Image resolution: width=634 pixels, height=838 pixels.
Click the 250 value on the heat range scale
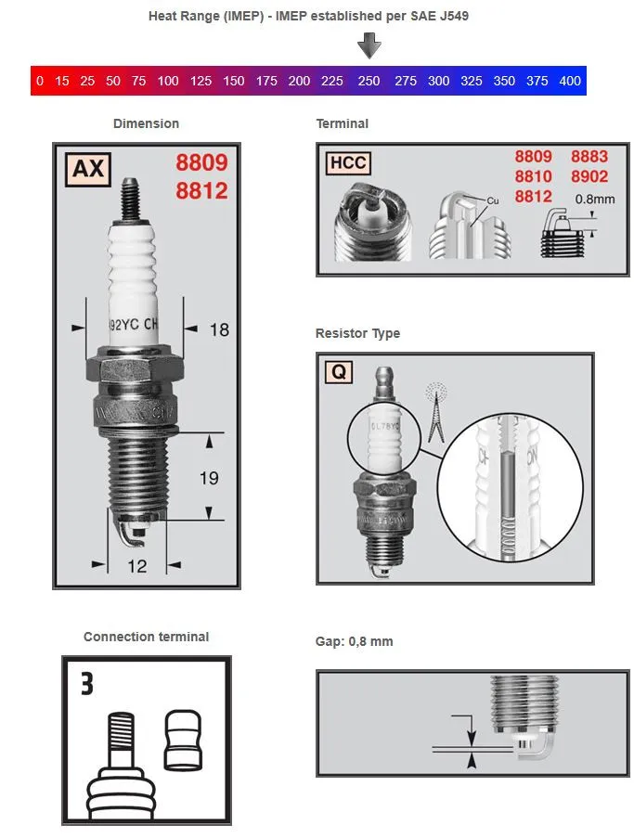(369, 81)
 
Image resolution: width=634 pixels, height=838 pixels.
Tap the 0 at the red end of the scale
(39, 81)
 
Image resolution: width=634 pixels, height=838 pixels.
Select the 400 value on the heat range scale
(570, 81)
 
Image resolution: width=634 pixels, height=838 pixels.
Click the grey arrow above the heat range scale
(369, 45)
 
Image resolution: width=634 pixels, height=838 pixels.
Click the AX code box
(86, 169)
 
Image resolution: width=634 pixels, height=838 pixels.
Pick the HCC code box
(348, 164)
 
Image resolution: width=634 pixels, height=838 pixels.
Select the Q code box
(339, 372)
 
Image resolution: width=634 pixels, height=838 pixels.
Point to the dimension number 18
(219, 329)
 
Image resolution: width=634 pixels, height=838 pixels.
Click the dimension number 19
(210, 478)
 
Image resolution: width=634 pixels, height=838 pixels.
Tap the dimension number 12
(136, 565)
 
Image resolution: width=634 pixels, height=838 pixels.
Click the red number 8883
(589, 157)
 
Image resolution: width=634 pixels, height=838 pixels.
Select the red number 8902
(589, 176)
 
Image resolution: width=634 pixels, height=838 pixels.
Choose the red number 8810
(534, 176)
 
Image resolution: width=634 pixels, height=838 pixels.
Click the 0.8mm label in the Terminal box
(594, 199)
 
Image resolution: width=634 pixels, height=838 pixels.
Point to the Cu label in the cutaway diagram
(493, 200)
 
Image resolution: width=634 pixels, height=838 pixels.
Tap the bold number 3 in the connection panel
(86, 685)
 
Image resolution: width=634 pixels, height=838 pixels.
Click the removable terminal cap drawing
(182, 741)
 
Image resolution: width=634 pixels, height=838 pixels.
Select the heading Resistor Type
(357, 333)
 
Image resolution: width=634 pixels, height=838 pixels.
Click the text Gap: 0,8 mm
(354, 641)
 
